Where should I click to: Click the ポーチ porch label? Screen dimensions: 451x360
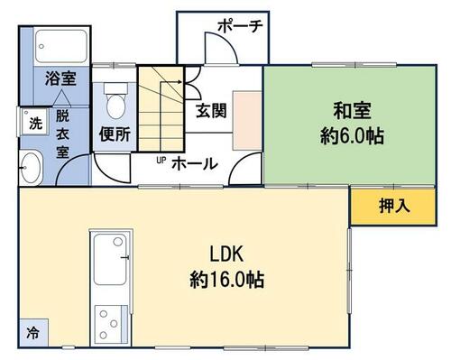(241, 26)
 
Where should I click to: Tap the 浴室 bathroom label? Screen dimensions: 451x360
(60, 78)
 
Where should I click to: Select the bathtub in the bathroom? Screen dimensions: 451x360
(61, 46)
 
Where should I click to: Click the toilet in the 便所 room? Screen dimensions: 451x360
(115, 101)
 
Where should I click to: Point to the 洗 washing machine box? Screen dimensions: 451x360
(35, 122)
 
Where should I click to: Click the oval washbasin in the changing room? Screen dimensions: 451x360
(31, 168)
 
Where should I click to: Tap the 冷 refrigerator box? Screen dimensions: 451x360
(33, 333)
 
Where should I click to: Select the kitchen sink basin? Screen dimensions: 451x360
(110, 259)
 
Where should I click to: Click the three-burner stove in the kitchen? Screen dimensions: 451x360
(108, 325)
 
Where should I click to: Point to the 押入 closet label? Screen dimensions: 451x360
(394, 207)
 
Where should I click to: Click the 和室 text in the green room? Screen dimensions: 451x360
(352, 111)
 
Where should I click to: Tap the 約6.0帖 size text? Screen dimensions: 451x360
(352, 136)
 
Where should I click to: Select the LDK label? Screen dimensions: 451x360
(226, 254)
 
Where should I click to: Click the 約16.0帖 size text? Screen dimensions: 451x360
(227, 280)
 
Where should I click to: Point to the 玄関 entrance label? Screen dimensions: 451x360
(211, 111)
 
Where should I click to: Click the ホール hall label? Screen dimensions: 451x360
(195, 164)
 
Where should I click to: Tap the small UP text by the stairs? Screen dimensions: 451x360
(161, 161)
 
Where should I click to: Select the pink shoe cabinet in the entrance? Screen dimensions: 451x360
(247, 121)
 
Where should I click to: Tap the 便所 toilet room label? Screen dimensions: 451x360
(115, 134)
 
